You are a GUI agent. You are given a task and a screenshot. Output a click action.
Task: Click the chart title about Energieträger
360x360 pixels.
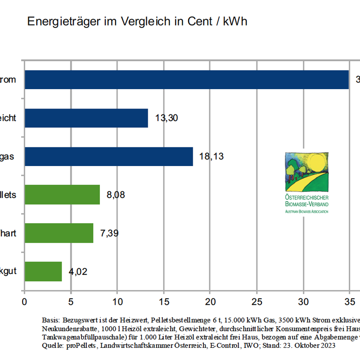pyautogui.click(x=137, y=22)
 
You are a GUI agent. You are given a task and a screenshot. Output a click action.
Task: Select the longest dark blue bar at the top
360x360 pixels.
pyautogui.click(x=187, y=80)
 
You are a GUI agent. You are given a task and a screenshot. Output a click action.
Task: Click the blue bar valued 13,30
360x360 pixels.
pyautogui.click(x=86, y=118)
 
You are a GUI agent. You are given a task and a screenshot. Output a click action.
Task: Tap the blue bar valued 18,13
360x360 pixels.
pyautogui.click(x=109, y=157)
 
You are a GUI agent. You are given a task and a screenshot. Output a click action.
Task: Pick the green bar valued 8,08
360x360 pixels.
pyautogui.click(x=63, y=195)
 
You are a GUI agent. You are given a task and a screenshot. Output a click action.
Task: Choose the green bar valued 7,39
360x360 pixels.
pyautogui.click(x=59, y=233)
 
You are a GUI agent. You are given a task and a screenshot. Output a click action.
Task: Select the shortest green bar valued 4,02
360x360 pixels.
pyautogui.click(x=43, y=271)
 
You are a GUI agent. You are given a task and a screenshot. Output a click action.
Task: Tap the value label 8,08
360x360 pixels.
pyautogui.click(x=116, y=195)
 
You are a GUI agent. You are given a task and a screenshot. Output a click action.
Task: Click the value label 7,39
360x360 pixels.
pyautogui.click(x=109, y=234)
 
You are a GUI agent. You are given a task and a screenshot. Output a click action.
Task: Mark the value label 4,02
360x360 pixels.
pyautogui.click(x=78, y=272)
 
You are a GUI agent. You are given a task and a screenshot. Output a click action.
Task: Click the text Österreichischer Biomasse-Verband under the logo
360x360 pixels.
pyautogui.click(x=307, y=201)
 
